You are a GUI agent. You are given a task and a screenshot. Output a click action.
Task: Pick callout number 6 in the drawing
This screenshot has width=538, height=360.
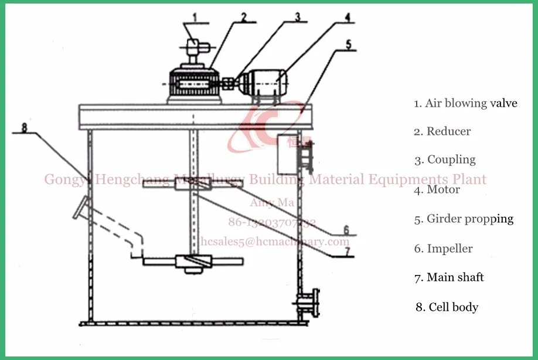346,229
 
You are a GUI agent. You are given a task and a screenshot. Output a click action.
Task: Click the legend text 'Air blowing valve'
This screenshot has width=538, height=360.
466,103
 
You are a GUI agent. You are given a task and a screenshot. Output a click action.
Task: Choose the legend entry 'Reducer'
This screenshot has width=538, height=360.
442,131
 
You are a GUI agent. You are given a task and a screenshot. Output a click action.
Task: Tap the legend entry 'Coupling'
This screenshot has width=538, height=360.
445,159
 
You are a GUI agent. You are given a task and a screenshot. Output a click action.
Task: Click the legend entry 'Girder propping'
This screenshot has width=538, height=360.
464,219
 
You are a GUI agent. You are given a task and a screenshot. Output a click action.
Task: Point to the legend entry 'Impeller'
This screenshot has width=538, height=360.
444,249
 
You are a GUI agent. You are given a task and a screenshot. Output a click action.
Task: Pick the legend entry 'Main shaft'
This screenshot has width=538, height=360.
450,277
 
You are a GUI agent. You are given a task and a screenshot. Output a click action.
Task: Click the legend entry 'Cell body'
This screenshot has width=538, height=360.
447,307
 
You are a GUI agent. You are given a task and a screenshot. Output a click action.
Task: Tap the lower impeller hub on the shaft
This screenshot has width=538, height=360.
192,264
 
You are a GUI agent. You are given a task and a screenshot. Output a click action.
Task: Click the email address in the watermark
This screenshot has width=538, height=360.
275,241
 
